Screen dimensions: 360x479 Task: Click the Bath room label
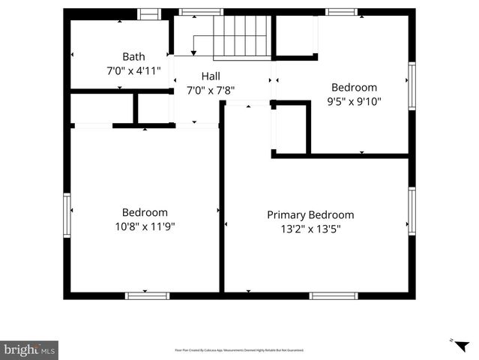click(x=133, y=56)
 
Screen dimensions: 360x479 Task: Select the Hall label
click(x=211, y=76)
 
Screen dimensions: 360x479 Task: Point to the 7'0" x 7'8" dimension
click(x=211, y=90)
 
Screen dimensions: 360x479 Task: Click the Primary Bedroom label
click(x=310, y=215)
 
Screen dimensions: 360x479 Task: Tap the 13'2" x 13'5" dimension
click(x=310, y=229)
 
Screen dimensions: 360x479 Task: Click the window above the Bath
click(x=149, y=13)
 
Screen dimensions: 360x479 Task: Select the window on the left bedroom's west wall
click(x=67, y=215)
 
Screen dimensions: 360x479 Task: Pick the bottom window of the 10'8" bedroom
click(x=147, y=295)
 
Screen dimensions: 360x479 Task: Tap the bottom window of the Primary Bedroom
click(x=334, y=295)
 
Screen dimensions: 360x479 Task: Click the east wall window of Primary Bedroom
click(x=412, y=211)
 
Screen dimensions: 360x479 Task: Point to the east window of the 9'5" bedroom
click(x=412, y=86)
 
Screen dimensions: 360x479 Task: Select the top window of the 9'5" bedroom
click(x=341, y=12)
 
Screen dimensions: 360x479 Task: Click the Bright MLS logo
click(x=29, y=349)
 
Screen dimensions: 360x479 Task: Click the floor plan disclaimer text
click(x=239, y=350)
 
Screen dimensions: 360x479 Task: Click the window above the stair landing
click(x=201, y=12)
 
